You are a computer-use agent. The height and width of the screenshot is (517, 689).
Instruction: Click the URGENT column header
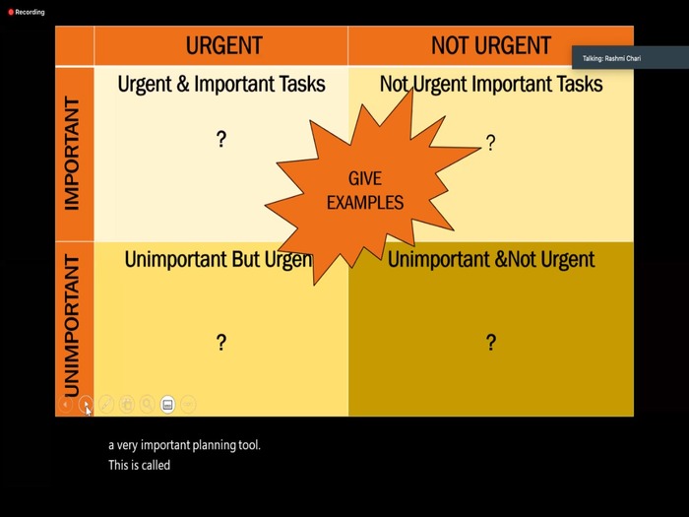pyautogui.click(x=224, y=45)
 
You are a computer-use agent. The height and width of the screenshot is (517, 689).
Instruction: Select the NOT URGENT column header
pyautogui.click(x=491, y=45)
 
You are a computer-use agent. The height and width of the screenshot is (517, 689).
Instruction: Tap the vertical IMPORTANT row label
pyautogui.click(x=72, y=154)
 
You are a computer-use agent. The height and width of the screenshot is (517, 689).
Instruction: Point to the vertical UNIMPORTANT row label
pyautogui.click(x=72, y=326)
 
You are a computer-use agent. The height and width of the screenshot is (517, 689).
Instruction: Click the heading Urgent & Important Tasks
pyautogui.click(x=221, y=84)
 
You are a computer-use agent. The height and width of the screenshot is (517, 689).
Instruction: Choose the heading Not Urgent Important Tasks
pyautogui.click(x=491, y=84)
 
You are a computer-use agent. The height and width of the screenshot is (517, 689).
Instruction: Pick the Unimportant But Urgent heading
pyautogui.click(x=219, y=259)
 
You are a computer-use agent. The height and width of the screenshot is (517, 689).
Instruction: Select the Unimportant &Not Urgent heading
pyautogui.click(x=491, y=259)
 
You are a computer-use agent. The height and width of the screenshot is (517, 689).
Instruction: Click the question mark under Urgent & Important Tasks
pyautogui.click(x=221, y=139)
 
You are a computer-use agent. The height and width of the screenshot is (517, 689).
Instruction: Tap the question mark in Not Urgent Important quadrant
pyautogui.click(x=491, y=143)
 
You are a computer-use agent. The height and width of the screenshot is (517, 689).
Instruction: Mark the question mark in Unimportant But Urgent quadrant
pyautogui.click(x=221, y=342)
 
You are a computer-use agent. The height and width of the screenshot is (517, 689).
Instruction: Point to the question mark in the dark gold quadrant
pyautogui.click(x=491, y=342)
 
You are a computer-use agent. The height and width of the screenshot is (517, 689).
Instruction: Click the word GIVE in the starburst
pyautogui.click(x=365, y=179)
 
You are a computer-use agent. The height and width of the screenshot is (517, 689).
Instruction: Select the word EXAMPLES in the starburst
pyautogui.click(x=365, y=203)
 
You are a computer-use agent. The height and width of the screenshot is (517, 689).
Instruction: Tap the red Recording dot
pyautogui.click(x=11, y=12)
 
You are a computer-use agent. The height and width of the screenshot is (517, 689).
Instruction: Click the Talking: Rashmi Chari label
pyautogui.click(x=611, y=58)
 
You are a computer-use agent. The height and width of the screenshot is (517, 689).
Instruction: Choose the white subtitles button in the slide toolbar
pyautogui.click(x=167, y=405)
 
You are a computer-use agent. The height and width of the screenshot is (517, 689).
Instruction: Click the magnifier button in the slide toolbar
pyautogui.click(x=148, y=404)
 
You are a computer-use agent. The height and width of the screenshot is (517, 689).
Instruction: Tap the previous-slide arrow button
pyautogui.click(x=66, y=404)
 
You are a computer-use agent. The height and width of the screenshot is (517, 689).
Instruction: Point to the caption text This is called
pyautogui.click(x=140, y=465)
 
